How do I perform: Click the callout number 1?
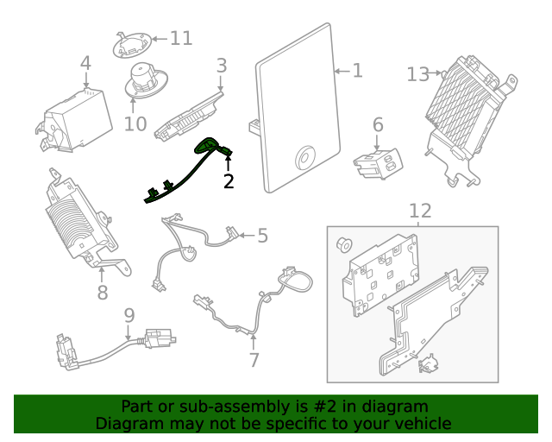[357, 71]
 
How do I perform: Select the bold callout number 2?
[229, 181]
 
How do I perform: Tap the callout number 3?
[222, 65]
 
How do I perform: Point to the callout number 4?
[85, 63]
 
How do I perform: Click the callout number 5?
[262, 235]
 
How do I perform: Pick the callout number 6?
[377, 125]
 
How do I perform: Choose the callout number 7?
[254, 360]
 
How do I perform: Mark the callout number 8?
[103, 293]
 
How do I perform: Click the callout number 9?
[129, 315]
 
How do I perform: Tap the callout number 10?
[135, 123]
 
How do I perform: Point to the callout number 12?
[419, 211]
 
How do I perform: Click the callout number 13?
[417, 74]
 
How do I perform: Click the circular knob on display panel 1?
[305, 157]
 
